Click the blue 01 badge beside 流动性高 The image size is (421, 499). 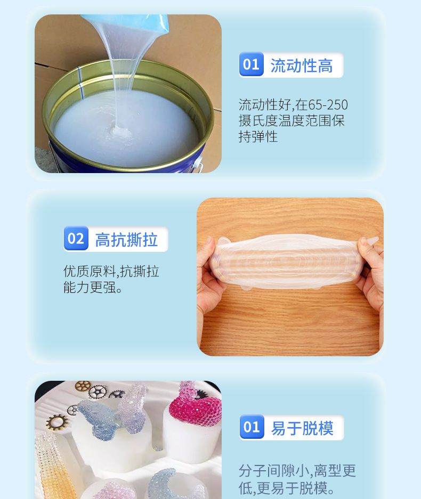pyautogui.click(x=251, y=64)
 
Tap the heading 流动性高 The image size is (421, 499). pyautogui.click(x=302, y=66)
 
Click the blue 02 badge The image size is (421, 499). pyautogui.click(x=76, y=239)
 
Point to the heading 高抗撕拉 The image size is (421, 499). pyautogui.click(x=126, y=240)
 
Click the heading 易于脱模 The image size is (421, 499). pyautogui.click(x=302, y=428)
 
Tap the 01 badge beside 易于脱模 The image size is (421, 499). pyautogui.click(x=252, y=427)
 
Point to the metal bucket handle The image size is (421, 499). pyautogui.click(x=198, y=163)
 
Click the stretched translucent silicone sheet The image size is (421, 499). pyautogui.click(x=287, y=261)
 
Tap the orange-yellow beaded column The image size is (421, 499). pyautogui.click(x=54, y=468)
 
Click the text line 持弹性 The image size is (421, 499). pyautogui.click(x=258, y=137)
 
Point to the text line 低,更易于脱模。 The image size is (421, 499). pyautogui.click(x=287, y=488)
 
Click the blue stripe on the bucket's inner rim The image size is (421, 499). pyautogui.click(x=80, y=83)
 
